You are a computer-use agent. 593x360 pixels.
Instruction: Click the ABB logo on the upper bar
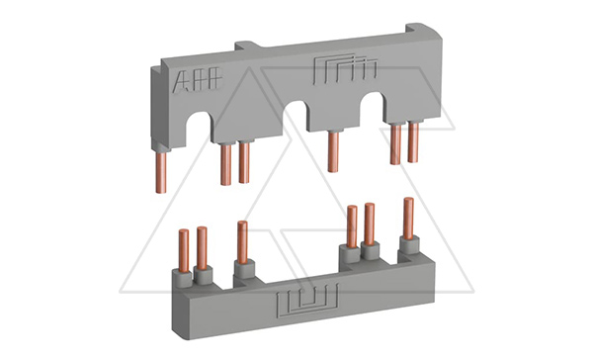pyautogui.click(x=197, y=79)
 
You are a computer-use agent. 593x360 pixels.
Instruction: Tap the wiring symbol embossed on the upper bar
pyautogui.click(x=345, y=68)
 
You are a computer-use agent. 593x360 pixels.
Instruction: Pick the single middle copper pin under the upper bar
pyautogui.click(x=333, y=151)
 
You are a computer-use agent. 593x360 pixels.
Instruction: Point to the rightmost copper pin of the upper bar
pyautogui.click(x=413, y=142)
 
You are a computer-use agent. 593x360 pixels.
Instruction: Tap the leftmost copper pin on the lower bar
pyautogui.click(x=184, y=251)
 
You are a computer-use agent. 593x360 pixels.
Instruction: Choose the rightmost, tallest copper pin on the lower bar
pyautogui.click(x=408, y=219)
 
